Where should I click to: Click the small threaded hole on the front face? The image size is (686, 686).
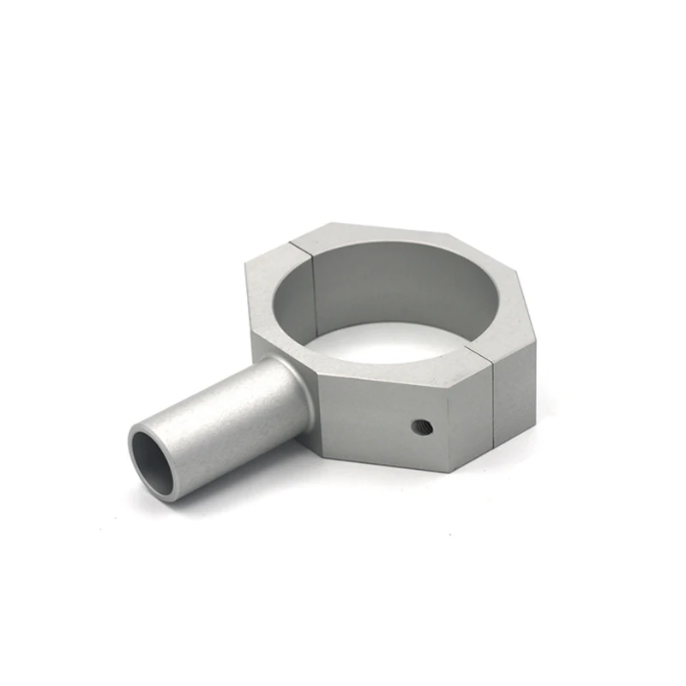coord(421,426)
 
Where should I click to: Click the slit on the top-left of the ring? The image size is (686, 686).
coord(306,245)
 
